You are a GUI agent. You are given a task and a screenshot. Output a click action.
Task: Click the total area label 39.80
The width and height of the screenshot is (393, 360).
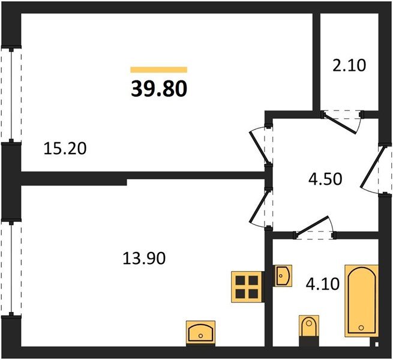[159, 89]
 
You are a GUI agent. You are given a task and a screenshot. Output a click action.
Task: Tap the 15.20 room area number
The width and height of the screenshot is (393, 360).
[65, 148]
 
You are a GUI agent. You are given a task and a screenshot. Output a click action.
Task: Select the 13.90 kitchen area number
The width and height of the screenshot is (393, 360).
[144, 258]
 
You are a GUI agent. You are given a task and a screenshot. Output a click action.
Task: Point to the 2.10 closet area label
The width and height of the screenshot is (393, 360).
[349, 65]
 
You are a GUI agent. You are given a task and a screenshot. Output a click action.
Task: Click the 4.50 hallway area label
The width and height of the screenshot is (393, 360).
[325, 179]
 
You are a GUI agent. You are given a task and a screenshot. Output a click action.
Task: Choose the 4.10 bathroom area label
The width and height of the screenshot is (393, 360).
[323, 284]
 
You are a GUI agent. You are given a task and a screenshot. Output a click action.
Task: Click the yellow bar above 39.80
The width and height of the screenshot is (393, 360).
[158, 70]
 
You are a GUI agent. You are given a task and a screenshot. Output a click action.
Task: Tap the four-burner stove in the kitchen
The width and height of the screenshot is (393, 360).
[247, 287]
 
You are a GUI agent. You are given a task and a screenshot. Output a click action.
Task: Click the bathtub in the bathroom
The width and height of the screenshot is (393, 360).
[361, 301]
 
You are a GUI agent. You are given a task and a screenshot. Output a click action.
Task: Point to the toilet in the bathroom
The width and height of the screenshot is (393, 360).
[309, 328]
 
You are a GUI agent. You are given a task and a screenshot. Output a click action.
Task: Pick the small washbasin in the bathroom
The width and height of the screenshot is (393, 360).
[283, 275]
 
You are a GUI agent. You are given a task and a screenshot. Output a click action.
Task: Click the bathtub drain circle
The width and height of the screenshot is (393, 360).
[361, 328]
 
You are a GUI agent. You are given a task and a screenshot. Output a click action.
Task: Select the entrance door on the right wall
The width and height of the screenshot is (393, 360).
[371, 167]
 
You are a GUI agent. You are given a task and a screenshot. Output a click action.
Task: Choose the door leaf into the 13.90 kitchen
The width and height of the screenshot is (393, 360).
[259, 206]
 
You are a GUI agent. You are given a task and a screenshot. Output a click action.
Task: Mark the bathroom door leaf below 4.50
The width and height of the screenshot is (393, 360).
[312, 226]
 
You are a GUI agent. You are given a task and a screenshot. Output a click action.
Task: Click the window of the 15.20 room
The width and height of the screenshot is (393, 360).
[11, 95]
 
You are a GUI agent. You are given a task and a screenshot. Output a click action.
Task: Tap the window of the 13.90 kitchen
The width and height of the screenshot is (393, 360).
[11, 268]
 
